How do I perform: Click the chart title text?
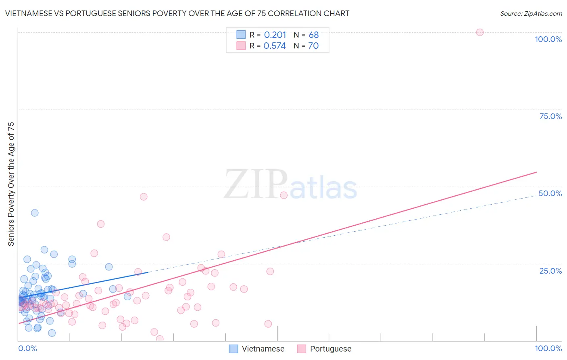point(177,13)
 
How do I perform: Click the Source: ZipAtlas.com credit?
point(531,13)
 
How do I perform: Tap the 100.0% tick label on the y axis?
point(548,39)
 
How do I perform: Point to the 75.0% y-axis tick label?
point(550,116)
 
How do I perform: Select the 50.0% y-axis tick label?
point(550,193)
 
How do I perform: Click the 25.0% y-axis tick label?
point(550,271)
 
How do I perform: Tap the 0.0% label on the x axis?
point(27,348)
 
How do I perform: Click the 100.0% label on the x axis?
point(548,348)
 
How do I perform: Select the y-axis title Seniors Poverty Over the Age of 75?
point(11,184)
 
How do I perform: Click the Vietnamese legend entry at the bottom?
point(263,349)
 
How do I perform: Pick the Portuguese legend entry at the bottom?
point(330,349)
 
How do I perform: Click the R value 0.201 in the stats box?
point(275,35)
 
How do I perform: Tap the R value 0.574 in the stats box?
point(275,46)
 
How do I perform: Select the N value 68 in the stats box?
point(314,35)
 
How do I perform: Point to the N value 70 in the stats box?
point(313,46)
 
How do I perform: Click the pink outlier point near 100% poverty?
point(479,32)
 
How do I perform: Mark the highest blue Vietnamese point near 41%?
point(35,213)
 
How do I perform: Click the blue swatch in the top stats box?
point(241,35)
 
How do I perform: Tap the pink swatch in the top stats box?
point(241,46)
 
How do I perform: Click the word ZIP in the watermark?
point(256,184)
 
